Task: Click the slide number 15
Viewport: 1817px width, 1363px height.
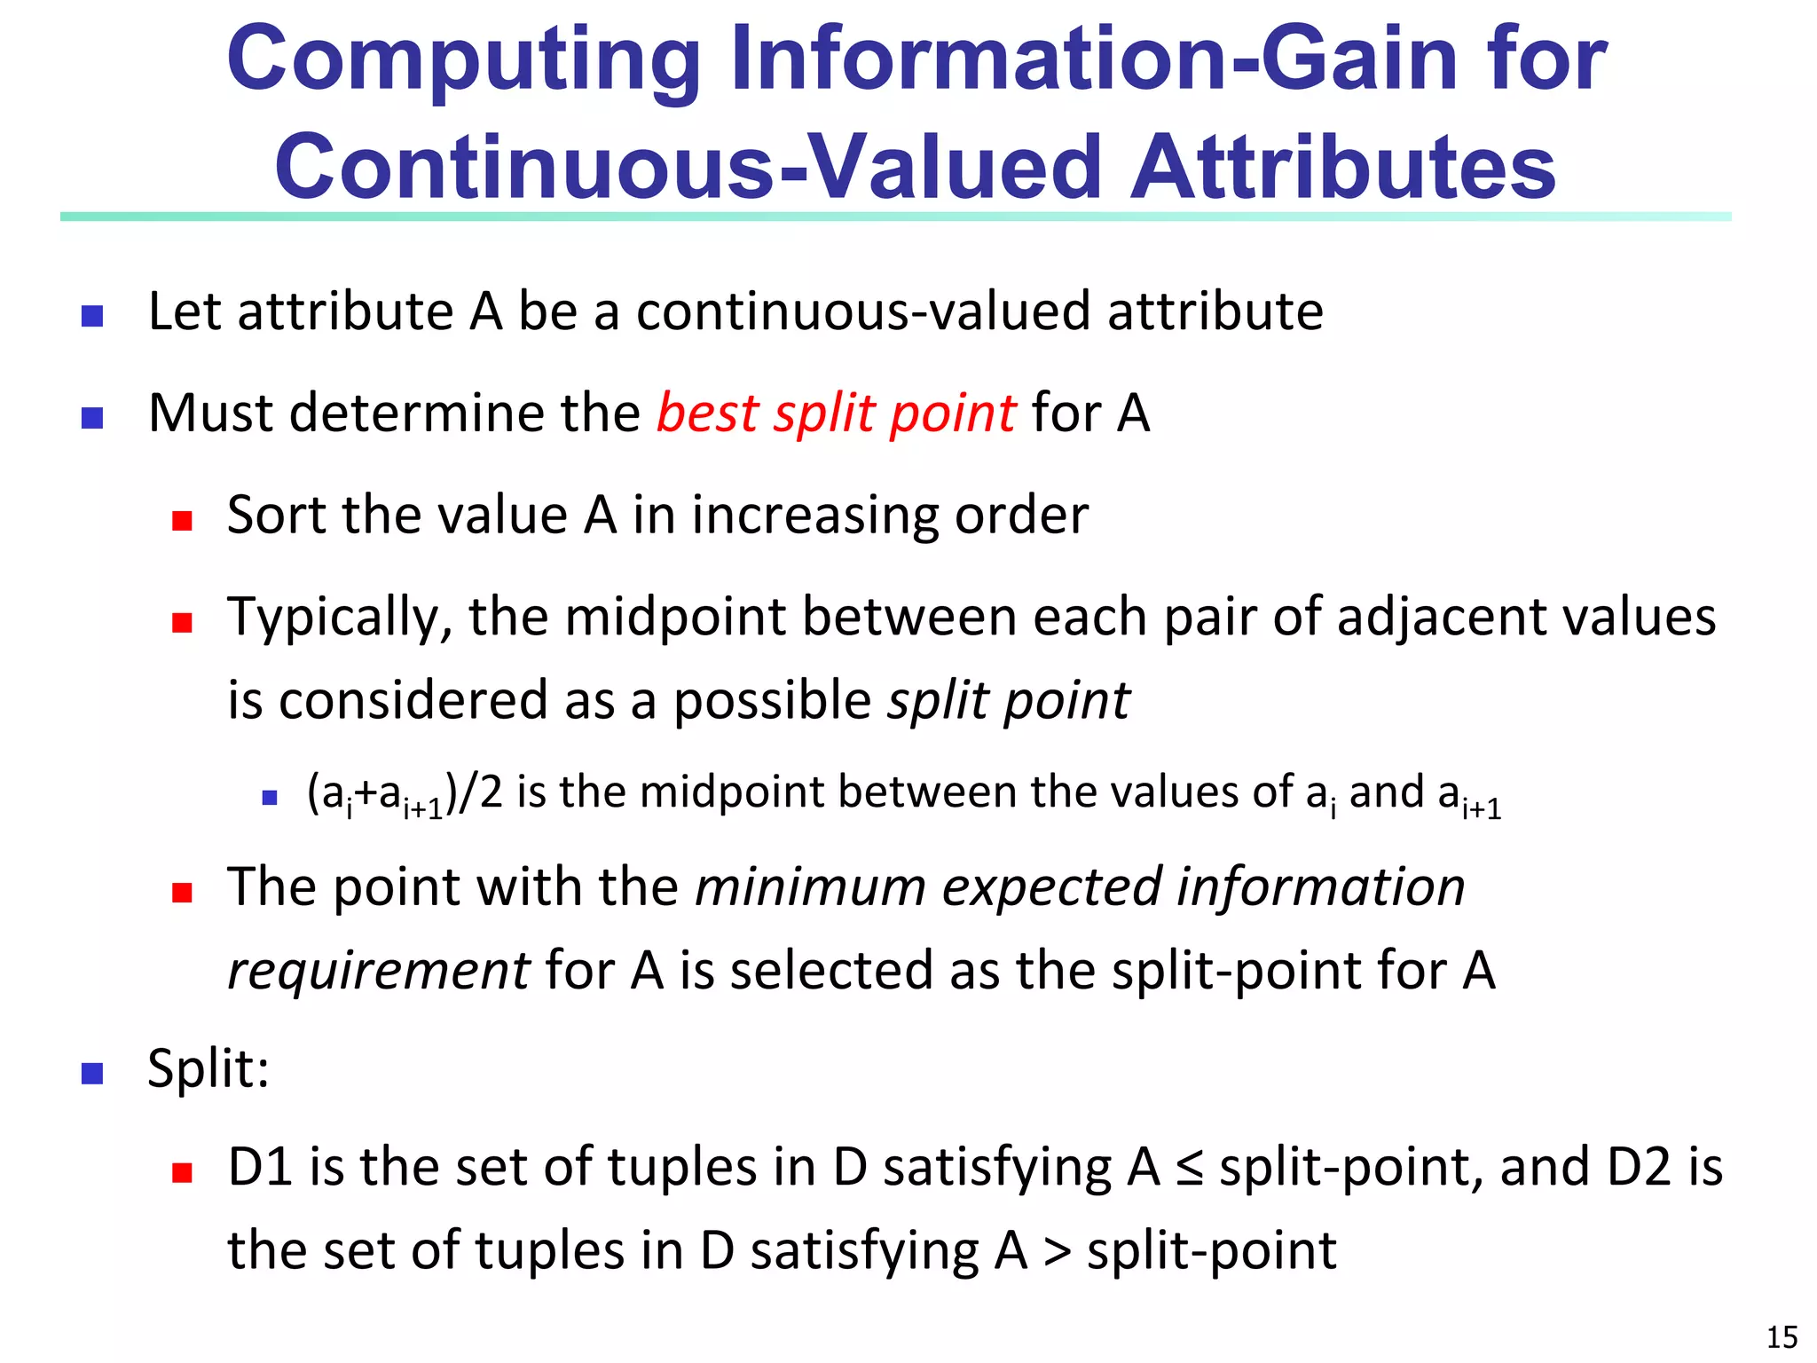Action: [x=1782, y=1336]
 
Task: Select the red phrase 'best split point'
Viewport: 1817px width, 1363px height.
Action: [x=836, y=414]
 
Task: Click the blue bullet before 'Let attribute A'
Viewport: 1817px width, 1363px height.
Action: [x=92, y=316]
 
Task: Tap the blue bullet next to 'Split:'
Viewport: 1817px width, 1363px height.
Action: [x=92, y=1074]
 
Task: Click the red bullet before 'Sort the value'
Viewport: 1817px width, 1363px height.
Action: [x=183, y=520]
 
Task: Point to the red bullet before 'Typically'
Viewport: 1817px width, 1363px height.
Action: [x=183, y=622]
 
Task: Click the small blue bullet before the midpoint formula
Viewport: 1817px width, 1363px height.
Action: [x=270, y=798]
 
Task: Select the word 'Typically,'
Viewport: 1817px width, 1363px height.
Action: [x=340, y=618]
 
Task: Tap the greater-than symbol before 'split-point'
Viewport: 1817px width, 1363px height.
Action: [x=1057, y=1252]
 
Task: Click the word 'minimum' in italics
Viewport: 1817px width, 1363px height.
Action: [x=810, y=887]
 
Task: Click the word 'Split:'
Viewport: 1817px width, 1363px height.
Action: [x=208, y=1068]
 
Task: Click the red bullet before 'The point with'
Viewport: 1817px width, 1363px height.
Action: [x=183, y=892]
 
